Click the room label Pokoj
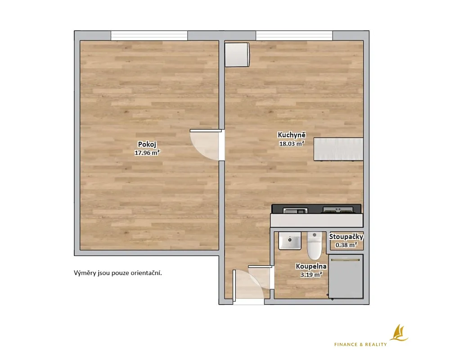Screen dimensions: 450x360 tap(147, 144)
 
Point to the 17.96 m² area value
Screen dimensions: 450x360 tap(147, 153)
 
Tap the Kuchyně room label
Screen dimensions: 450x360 tap(292, 135)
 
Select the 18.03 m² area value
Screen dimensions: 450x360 tap(292, 144)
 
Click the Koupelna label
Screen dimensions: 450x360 tap(311, 266)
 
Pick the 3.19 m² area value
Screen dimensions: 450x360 tap(311, 275)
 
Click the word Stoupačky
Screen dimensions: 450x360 tap(346, 237)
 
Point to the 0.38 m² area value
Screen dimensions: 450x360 tap(346, 245)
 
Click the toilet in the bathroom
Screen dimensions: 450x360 tap(315, 246)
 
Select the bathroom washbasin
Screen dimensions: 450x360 tap(290, 241)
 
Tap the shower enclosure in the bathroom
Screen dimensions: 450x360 tap(346, 276)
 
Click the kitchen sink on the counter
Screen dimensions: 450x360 tap(295, 211)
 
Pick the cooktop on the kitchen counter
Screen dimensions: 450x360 tap(338, 210)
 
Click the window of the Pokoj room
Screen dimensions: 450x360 tap(149, 36)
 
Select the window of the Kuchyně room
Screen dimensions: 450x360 tap(294, 36)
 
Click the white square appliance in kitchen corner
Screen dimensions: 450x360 tap(237, 54)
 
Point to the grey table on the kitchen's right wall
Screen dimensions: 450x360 tap(338, 149)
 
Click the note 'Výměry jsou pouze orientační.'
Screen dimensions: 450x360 tap(118, 273)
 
